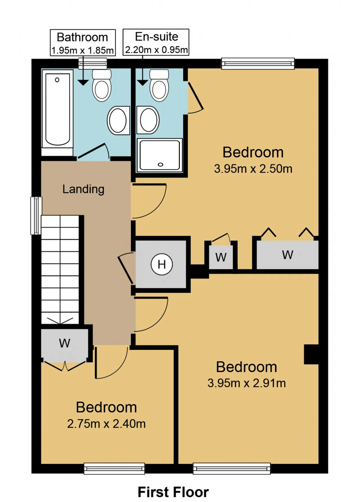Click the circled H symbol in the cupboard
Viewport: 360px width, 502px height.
coord(161,264)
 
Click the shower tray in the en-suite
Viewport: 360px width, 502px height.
coord(159,155)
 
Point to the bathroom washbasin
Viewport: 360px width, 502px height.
coord(118,120)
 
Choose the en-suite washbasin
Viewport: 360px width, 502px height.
coord(148,120)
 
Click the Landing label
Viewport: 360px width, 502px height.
coord(83,189)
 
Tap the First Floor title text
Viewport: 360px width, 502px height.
coord(173,492)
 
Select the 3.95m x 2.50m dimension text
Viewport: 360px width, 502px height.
coord(253,169)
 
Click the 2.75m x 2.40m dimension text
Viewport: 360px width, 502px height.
coord(106,424)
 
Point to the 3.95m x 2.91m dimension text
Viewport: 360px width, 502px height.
coord(247,383)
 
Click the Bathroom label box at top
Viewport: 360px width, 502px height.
coord(83,42)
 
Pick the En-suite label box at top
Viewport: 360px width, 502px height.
coord(156,42)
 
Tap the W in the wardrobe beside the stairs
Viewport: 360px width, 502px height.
coord(65,343)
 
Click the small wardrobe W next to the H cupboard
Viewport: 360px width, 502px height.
coord(221,257)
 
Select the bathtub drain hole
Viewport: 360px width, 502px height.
coord(57,80)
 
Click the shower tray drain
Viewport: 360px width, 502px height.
coord(161,165)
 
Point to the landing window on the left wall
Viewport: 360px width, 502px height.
coord(36,216)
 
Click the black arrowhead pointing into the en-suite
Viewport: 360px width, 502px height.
coord(143,83)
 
